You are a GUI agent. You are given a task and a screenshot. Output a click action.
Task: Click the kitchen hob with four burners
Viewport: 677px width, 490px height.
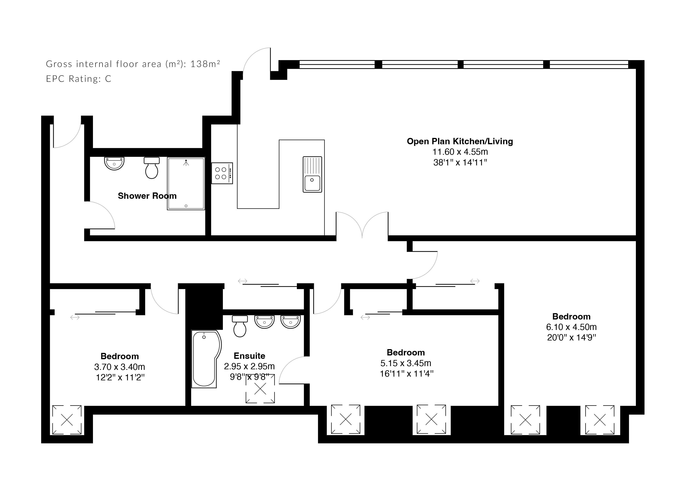click(x=222, y=173)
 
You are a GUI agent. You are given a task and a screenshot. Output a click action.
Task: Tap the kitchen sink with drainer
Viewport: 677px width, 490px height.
click(x=312, y=174)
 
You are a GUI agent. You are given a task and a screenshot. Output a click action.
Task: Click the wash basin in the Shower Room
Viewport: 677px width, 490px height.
click(x=114, y=163)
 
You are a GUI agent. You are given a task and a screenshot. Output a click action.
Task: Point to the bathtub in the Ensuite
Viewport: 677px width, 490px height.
click(x=206, y=359)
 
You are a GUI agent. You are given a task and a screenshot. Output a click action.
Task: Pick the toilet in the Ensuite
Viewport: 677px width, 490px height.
click(x=240, y=326)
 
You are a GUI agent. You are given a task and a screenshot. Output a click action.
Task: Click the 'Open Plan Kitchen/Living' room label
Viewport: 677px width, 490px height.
click(x=460, y=141)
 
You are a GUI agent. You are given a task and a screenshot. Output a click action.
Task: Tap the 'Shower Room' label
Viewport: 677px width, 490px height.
click(x=147, y=196)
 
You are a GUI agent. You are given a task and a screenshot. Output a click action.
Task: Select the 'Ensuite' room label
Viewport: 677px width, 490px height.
click(x=250, y=356)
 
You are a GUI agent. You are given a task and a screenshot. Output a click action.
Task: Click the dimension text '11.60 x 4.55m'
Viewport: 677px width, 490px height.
click(x=460, y=152)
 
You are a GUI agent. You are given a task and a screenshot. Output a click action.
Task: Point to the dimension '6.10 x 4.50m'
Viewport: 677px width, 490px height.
click(x=571, y=327)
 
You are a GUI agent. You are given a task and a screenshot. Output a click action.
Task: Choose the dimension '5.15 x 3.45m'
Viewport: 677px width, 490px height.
click(x=406, y=363)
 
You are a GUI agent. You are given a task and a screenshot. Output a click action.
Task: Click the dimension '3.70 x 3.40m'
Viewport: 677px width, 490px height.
click(x=119, y=367)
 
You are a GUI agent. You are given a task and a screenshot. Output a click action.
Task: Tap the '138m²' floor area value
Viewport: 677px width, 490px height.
click(x=205, y=64)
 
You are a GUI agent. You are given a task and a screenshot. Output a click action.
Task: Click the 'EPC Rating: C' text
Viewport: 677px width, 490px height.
click(x=79, y=79)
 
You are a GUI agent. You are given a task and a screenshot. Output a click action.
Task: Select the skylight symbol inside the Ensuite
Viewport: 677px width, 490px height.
click(x=260, y=389)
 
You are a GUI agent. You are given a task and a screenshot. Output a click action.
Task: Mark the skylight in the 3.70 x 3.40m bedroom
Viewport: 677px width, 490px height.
click(x=67, y=420)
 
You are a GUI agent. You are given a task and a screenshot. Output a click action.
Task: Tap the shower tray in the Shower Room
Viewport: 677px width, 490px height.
click(x=186, y=183)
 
